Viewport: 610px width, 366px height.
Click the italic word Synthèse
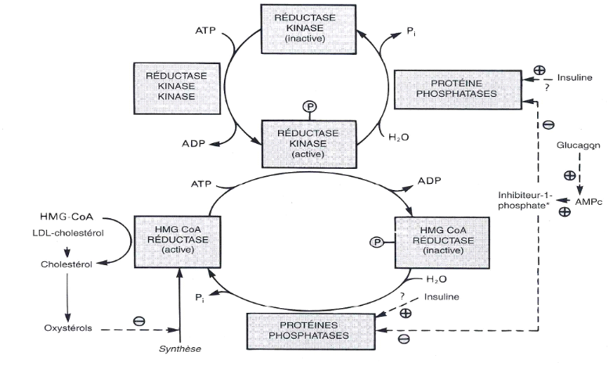pyautogui.click(x=179, y=349)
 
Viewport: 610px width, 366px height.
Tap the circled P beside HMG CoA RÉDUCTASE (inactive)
pyautogui.click(x=377, y=242)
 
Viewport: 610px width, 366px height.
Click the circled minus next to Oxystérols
pyautogui.click(x=139, y=321)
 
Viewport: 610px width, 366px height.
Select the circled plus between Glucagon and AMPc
pyautogui.click(x=569, y=177)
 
